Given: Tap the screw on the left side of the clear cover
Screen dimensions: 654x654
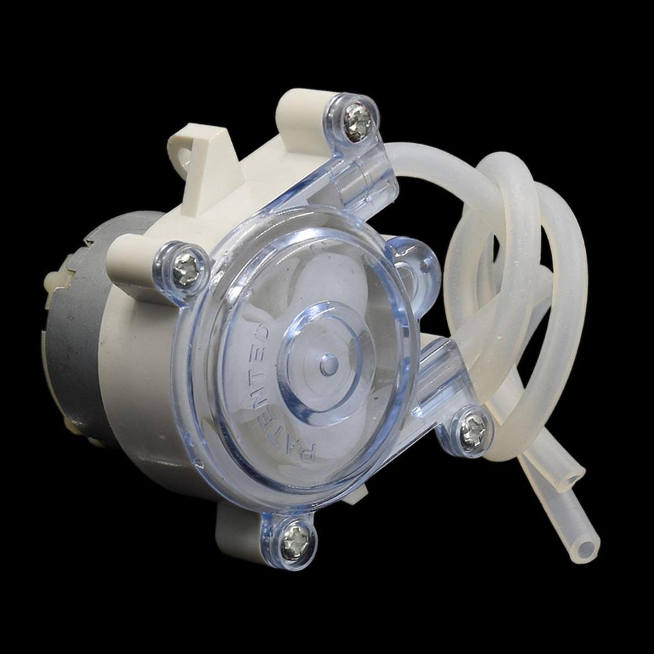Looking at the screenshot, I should [x=186, y=268].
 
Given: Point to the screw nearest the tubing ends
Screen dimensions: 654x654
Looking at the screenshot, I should [x=473, y=430].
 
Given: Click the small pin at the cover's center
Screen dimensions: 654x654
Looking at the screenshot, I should [x=329, y=365].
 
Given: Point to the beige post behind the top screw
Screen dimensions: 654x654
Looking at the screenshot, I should [x=300, y=115].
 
